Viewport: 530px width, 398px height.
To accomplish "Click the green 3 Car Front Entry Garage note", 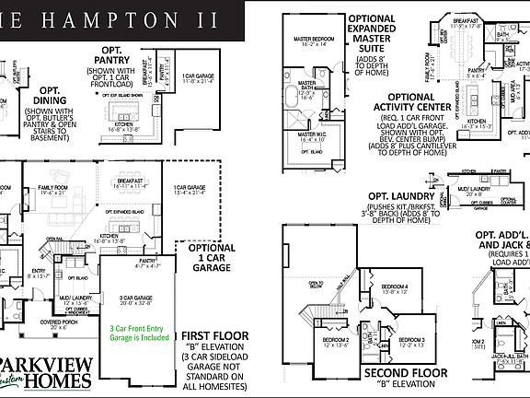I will click(x=142, y=331).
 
